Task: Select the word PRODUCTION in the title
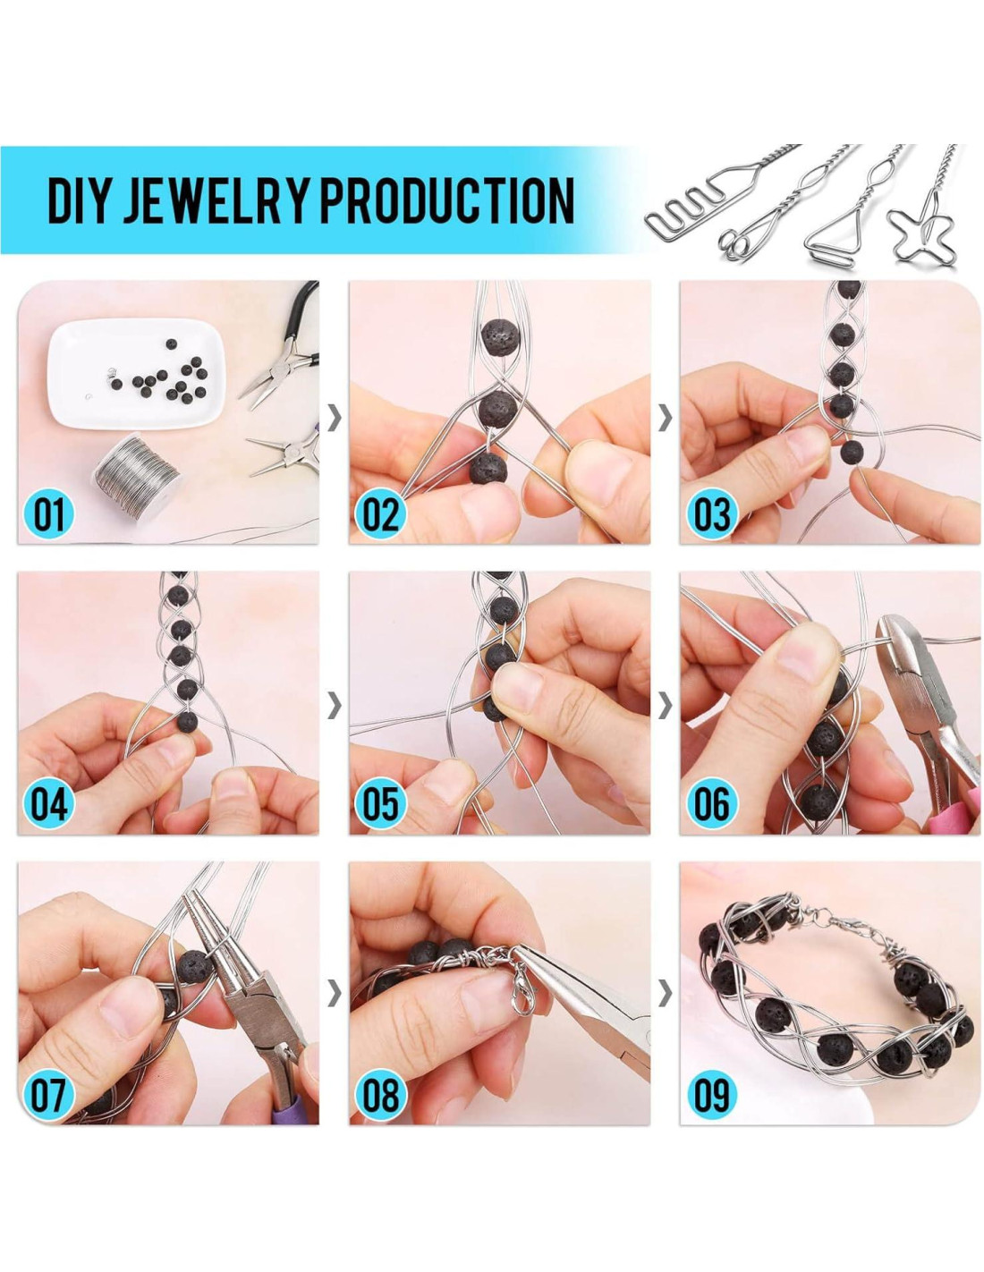(448, 201)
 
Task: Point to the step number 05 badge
(380, 803)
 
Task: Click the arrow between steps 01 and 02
(334, 418)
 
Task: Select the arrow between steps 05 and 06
(665, 708)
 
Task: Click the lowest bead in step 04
(187, 721)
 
